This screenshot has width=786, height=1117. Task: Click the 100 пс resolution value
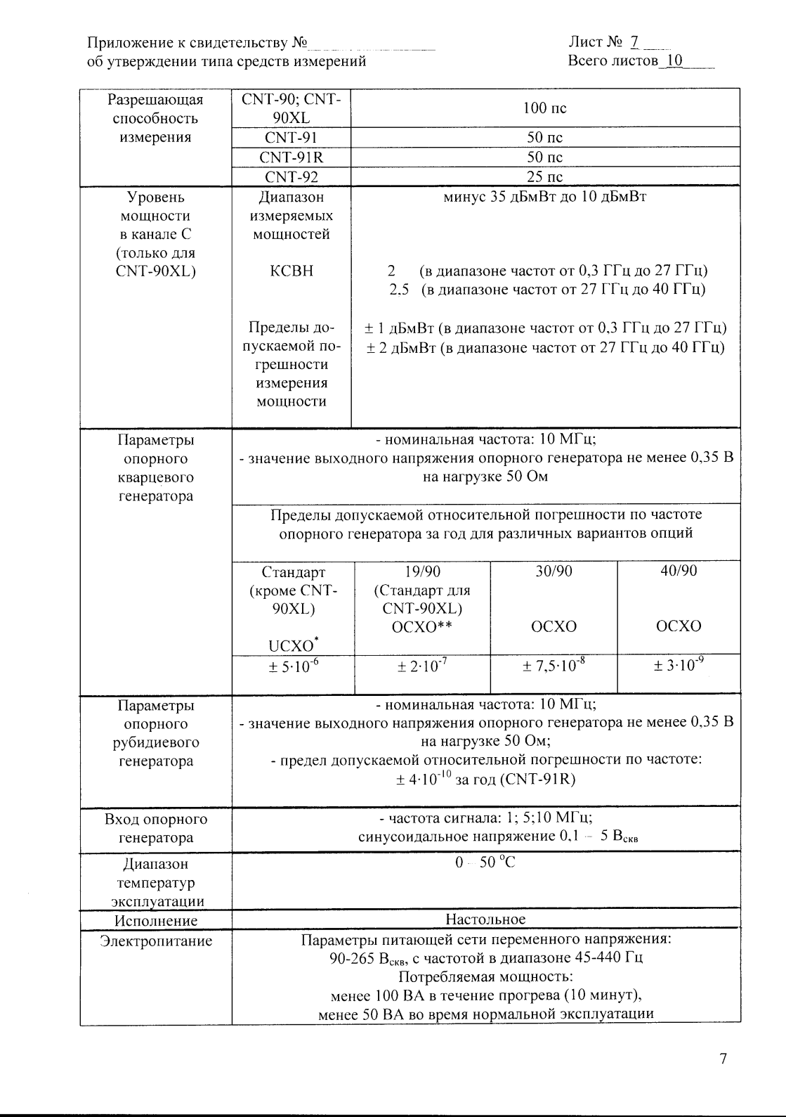[544, 108]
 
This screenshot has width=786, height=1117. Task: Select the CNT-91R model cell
[291, 157]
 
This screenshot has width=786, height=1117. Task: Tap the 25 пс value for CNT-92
[544, 176]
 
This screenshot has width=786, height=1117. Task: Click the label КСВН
[291, 271]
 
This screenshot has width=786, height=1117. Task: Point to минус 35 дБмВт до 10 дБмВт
[544, 197]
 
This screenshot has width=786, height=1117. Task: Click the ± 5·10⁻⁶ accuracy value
[294, 666]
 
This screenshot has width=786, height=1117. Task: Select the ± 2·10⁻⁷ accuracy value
[422, 666]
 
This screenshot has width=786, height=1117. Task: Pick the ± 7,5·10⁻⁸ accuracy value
[554, 666]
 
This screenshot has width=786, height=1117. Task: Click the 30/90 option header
[554, 572]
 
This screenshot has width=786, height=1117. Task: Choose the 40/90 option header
[679, 571]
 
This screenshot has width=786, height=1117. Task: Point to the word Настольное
[485, 919]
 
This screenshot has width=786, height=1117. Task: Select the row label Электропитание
[156, 941]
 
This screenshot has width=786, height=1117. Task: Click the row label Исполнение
[156, 921]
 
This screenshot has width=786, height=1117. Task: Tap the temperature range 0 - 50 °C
[485, 863]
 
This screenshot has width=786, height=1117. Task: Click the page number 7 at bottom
[723, 1059]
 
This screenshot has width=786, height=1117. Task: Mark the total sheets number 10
[674, 61]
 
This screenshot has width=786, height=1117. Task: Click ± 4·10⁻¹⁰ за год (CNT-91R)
[485, 779]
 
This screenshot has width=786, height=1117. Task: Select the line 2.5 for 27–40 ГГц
[547, 290]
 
